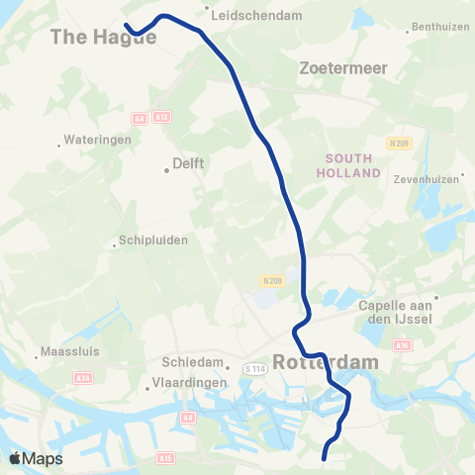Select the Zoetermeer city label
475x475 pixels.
click(342, 68)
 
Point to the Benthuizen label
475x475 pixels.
click(439, 27)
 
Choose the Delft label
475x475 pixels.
click(188, 163)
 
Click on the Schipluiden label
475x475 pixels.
click(153, 239)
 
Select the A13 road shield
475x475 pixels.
click(162, 117)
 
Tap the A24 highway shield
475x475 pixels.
click(83, 379)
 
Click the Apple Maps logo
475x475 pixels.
click(35, 458)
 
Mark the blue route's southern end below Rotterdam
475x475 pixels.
click(325, 457)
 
